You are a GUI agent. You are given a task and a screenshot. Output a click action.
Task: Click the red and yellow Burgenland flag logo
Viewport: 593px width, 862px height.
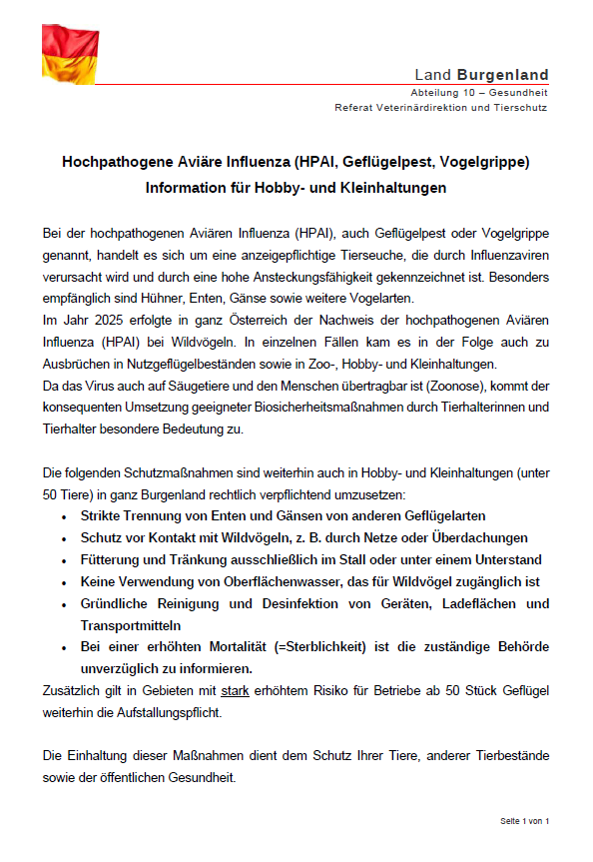[x=69, y=54]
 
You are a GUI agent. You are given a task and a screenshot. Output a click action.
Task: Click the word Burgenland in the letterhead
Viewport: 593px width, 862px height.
[x=503, y=75]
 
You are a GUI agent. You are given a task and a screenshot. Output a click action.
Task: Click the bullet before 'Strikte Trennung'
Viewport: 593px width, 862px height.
[x=64, y=516]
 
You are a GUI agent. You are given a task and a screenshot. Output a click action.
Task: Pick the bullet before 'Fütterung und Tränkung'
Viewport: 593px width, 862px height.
[x=64, y=560]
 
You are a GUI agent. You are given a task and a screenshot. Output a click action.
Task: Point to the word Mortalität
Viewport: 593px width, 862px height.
[x=225, y=648]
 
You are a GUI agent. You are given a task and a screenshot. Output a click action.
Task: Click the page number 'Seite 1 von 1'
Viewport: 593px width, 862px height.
[x=525, y=821]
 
